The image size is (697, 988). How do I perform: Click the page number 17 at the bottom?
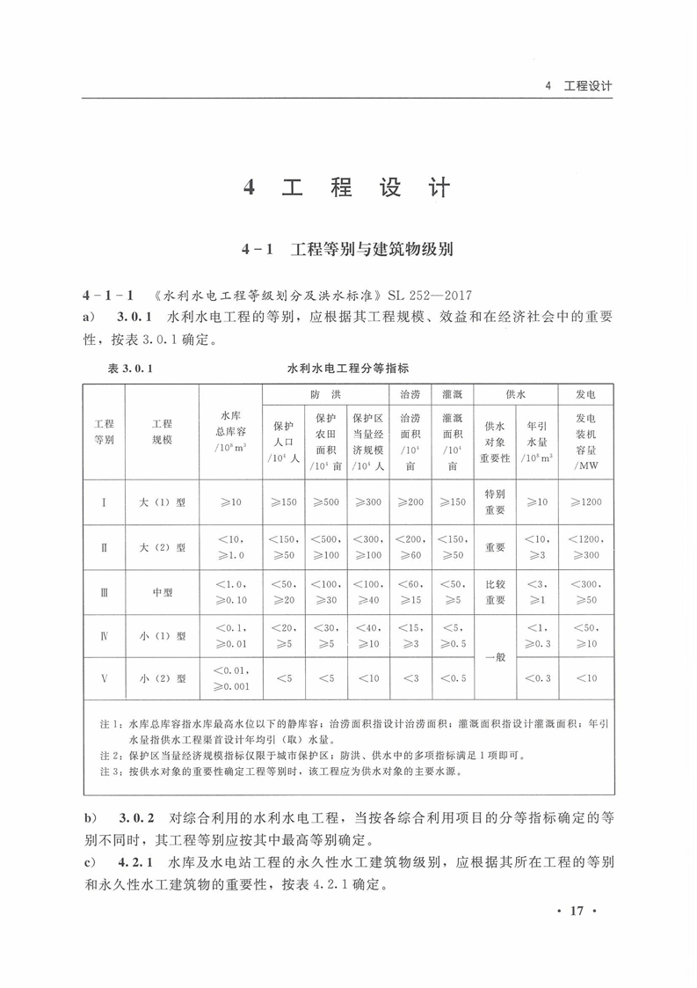click(577, 911)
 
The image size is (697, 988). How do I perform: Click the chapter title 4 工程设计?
click(347, 187)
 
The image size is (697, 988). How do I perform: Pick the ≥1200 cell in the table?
click(585, 502)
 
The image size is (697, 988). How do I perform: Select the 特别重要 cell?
click(495, 502)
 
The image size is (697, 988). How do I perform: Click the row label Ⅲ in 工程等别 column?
click(105, 592)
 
